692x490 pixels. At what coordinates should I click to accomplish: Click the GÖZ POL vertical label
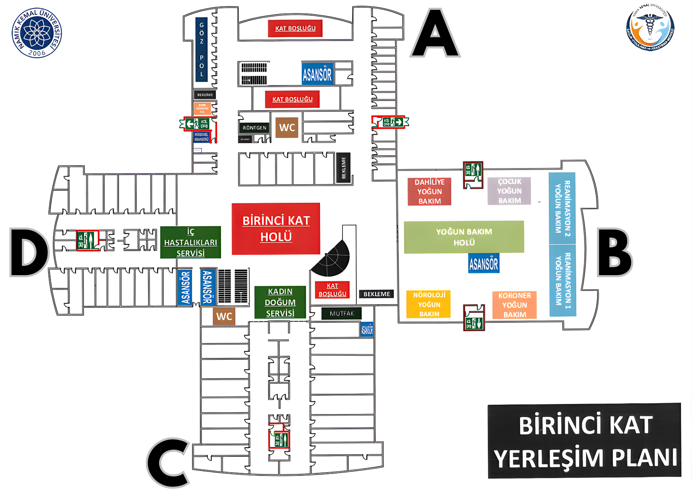(201, 49)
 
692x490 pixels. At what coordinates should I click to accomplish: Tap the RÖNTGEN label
(254, 128)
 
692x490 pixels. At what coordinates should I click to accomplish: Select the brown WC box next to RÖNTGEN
(287, 128)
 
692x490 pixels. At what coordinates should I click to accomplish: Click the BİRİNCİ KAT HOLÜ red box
(276, 229)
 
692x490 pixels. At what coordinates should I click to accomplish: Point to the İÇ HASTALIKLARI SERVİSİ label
(190, 242)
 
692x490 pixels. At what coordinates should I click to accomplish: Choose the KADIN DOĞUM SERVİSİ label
(280, 302)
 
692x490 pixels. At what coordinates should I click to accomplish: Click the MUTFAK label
(342, 314)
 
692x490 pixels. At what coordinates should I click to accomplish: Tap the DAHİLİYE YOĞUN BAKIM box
(429, 192)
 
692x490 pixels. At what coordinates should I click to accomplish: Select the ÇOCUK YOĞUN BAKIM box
(509, 191)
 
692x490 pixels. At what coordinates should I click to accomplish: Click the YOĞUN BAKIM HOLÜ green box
(464, 237)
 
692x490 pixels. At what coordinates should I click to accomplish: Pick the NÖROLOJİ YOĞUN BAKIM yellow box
(429, 304)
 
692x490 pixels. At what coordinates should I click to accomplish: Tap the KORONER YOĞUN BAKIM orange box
(515, 305)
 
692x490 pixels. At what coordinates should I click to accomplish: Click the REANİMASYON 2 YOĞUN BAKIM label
(562, 208)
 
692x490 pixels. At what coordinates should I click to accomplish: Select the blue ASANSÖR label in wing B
(483, 263)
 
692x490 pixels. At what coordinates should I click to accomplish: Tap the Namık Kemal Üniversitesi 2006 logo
(37, 33)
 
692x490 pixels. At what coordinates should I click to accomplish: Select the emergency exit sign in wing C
(280, 439)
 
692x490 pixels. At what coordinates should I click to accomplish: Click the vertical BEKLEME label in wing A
(344, 168)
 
